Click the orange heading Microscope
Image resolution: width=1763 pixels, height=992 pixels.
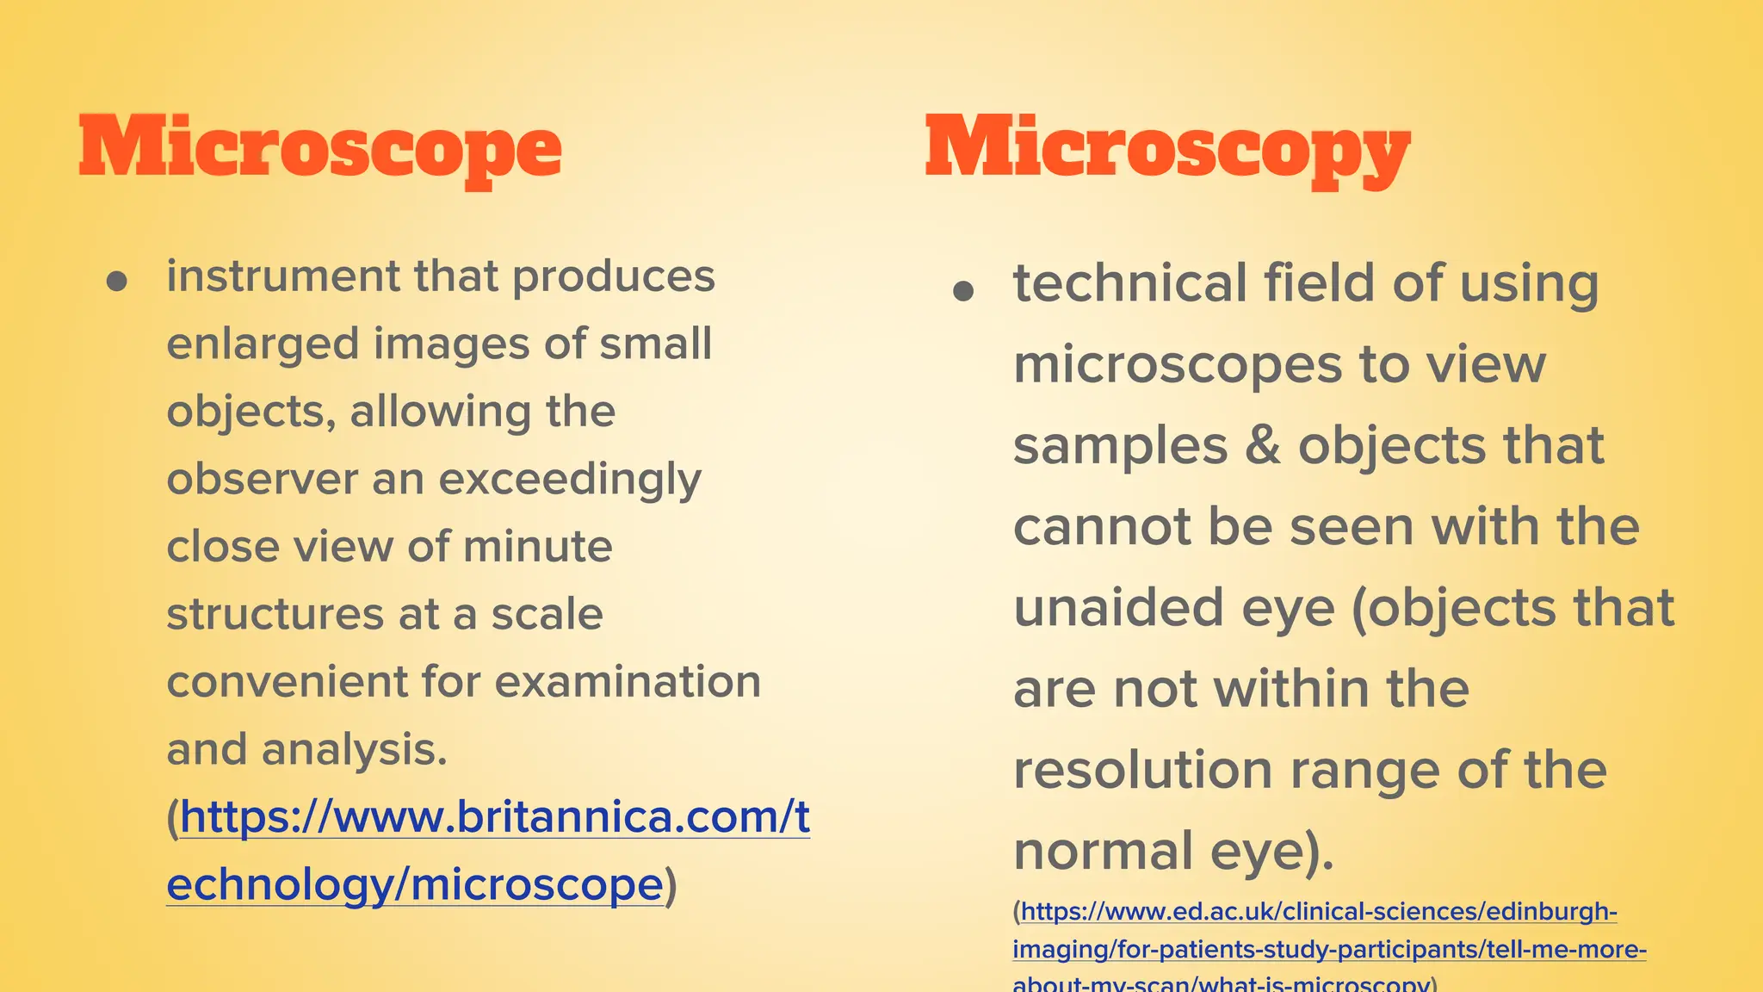click(x=319, y=148)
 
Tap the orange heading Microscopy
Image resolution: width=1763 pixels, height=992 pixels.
click(x=1167, y=148)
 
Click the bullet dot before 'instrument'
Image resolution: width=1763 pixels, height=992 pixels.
click(x=117, y=282)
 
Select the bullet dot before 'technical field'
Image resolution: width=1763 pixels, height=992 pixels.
click(x=963, y=291)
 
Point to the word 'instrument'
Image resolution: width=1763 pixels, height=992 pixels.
click(x=283, y=276)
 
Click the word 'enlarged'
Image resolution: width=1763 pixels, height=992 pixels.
click(x=263, y=344)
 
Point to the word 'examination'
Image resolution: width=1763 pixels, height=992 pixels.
click(x=628, y=682)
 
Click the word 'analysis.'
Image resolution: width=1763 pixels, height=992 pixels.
click(x=355, y=749)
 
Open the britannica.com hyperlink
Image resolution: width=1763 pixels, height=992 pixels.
click(x=494, y=817)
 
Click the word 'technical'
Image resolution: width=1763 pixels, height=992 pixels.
click(x=1129, y=283)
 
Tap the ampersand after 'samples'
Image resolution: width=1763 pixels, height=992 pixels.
click(x=1263, y=446)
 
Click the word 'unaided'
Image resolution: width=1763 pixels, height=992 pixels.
click(x=1118, y=608)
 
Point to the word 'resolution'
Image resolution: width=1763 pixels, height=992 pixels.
click(x=1142, y=770)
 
